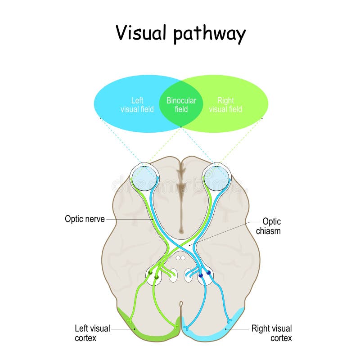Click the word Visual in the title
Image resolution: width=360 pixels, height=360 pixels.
[142, 33]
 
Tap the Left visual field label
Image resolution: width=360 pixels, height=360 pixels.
[137, 105]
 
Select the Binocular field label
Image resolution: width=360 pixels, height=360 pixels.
[181, 105]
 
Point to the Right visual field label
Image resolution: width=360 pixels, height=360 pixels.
[225, 105]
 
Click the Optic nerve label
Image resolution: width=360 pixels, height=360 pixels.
[85, 219]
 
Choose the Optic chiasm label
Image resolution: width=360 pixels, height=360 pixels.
[271, 226]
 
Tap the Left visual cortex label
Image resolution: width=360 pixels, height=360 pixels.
[92, 333]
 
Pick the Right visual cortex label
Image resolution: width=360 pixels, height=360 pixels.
[271, 333]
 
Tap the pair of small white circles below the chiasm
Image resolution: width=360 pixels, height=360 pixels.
[181, 258]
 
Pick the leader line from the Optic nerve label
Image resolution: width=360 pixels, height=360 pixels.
[130, 219]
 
